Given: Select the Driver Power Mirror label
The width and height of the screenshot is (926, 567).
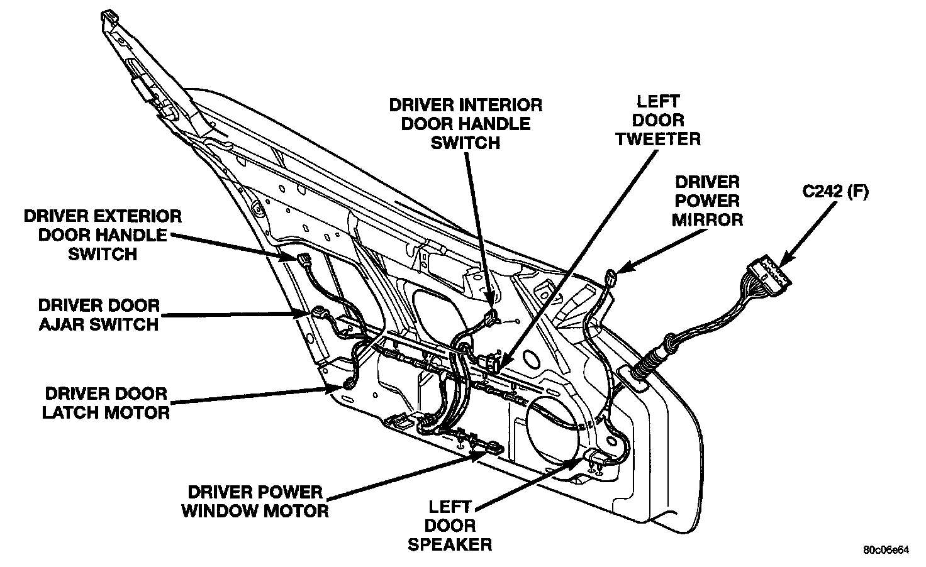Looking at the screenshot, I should [706, 201].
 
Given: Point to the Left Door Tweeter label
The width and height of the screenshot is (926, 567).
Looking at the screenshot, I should [657, 120].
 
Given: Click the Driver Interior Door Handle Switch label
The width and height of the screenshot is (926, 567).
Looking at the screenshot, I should [465, 124].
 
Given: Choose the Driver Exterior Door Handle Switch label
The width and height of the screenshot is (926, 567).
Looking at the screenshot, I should [102, 235].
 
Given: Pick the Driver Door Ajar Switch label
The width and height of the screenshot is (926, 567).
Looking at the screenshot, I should [99, 315].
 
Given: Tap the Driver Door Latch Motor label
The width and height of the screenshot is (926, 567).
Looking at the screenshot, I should [107, 403].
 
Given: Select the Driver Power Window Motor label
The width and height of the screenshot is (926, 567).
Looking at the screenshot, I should [255, 501].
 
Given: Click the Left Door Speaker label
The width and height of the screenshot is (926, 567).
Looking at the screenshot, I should [450, 525].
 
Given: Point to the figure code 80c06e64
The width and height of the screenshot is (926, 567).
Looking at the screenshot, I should [886, 551].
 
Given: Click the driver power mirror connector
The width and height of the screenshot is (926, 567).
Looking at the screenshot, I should [611, 276].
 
